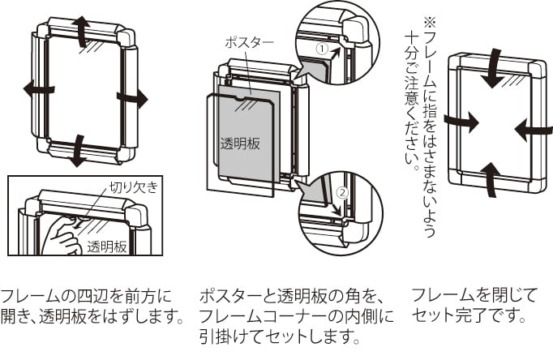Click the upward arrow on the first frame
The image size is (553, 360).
[x=82, y=30]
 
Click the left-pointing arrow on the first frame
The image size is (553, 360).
[x=39, y=90]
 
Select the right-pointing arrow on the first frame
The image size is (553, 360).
[x=132, y=99]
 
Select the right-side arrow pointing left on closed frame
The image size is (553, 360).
[x=531, y=128]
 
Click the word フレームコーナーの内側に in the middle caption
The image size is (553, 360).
[x=296, y=315]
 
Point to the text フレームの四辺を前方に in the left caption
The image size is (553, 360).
[x=86, y=294]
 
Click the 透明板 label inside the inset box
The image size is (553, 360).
[x=107, y=246]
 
